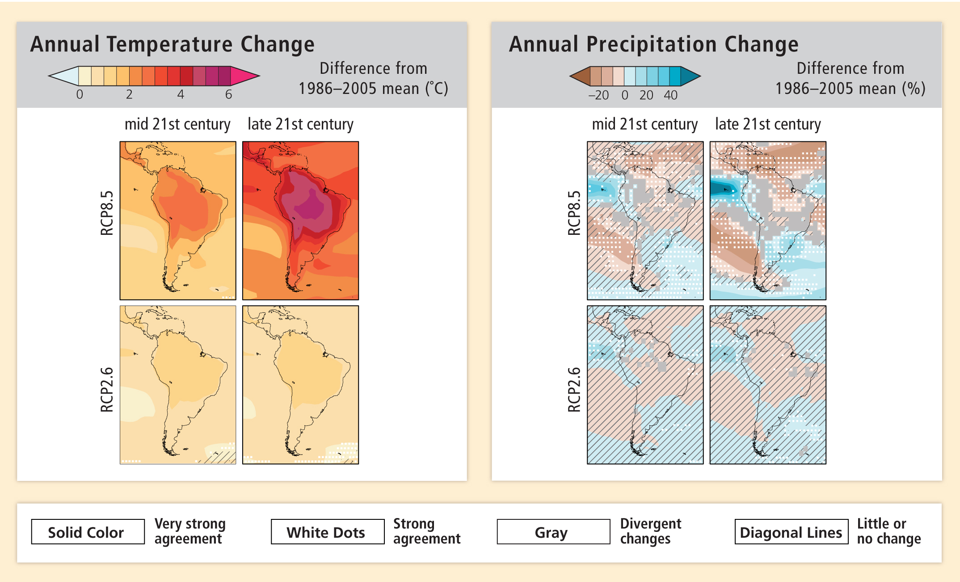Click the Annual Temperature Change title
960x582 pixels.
point(172,44)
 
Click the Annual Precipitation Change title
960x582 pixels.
point(653,44)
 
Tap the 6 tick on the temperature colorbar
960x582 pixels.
point(228,94)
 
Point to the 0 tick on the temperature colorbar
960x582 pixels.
point(80,94)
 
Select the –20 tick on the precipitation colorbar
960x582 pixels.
point(598,95)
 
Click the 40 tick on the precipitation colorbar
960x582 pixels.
point(670,95)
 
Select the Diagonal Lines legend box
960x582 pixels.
point(791,532)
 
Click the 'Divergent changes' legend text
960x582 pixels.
point(650,531)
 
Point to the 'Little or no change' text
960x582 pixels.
point(888,531)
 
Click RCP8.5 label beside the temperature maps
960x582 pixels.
point(107,213)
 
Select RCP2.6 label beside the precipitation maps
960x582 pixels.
point(574,389)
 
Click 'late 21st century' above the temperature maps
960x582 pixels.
point(300,124)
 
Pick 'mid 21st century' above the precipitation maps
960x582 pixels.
point(644,124)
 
